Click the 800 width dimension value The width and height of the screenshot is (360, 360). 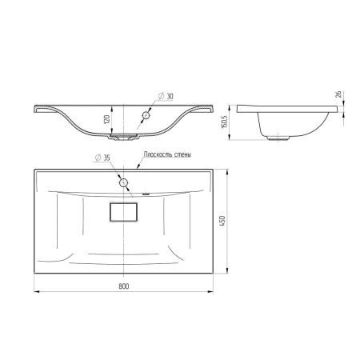pyautogui.click(x=124, y=286)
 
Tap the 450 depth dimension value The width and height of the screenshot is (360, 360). pyautogui.click(x=222, y=221)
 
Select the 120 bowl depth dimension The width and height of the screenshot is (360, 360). pyautogui.click(x=106, y=120)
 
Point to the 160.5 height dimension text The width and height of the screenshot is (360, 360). pyautogui.click(x=224, y=122)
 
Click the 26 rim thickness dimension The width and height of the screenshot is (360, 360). pyautogui.click(x=338, y=94)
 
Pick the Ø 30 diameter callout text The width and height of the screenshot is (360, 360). pyautogui.click(x=166, y=96)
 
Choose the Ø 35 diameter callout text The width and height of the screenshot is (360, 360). pyautogui.click(x=102, y=158)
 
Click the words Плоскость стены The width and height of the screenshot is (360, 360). pyautogui.click(x=167, y=154)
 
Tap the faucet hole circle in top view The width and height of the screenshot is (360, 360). pyautogui.click(x=123, y=182)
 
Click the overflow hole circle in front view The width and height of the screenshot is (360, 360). pyautogui.click(x=146, y=115)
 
